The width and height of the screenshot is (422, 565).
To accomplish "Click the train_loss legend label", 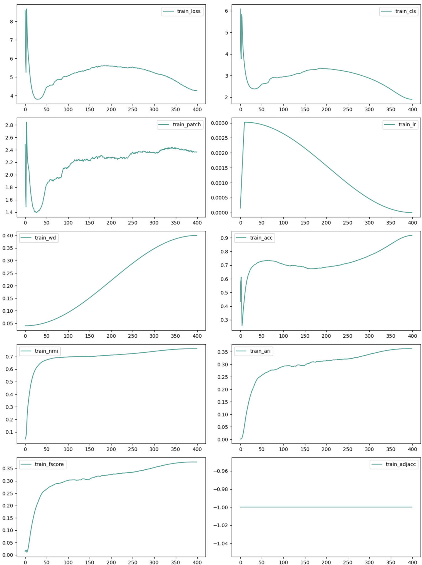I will [x=189, y=11].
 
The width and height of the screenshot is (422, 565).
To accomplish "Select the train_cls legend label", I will [x=405, y=11].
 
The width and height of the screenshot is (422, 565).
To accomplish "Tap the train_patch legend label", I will [x=187, y=125].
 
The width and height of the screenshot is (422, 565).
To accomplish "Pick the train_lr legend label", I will [x=407, y=125].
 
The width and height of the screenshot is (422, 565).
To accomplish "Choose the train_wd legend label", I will [x=45, y=238].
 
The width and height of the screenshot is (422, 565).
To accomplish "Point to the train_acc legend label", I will [x=261, y=238].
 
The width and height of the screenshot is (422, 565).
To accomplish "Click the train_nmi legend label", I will [x=46, y=351].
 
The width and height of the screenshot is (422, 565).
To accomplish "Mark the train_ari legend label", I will [x=260, y=351].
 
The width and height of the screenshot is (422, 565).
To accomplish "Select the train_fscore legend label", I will [x=49, y=464].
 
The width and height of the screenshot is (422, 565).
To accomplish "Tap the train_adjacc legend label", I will [x=400, y=464].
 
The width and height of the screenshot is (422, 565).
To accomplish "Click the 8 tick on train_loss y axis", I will [x=11, y=22].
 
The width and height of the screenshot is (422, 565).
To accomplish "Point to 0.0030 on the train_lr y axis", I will [x=220, y=123].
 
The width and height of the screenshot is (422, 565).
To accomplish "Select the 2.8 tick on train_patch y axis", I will [x=9, y=125].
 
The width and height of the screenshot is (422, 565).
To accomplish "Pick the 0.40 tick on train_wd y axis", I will [x=8, y=236].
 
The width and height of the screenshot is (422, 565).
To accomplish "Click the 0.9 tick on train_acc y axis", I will [x=224, y=238].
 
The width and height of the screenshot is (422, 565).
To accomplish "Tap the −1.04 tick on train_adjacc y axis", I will [x=221, y=544].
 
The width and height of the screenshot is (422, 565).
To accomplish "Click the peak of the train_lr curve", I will [x=245, y=122].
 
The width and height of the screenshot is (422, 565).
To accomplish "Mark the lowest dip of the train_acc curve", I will [x=242, y=326].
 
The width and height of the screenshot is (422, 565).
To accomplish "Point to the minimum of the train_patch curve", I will [x=36, y=212].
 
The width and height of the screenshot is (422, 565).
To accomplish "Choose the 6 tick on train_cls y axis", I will [x=227, y=11].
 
